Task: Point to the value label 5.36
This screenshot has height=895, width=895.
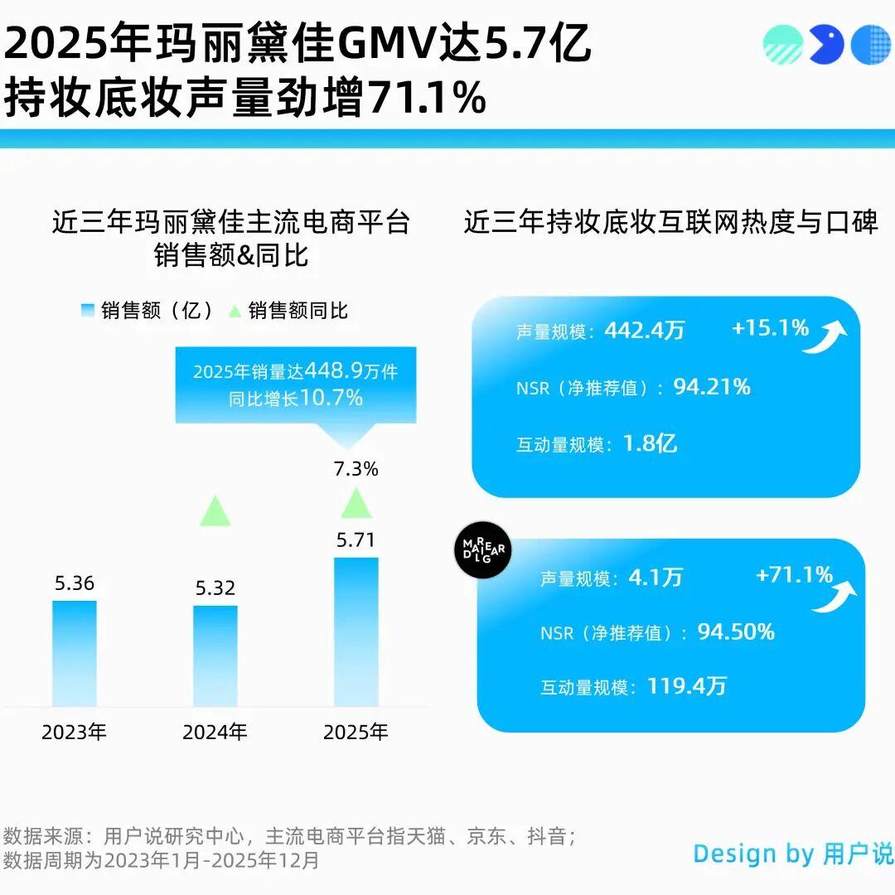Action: (75, 583)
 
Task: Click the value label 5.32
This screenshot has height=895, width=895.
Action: (215, 588)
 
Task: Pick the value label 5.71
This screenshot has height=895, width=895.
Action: (356, 540)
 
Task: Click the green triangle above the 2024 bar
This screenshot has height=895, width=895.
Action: (215, 511)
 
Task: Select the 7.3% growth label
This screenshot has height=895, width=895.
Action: (356, 469)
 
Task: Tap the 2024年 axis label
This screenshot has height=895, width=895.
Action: (215, 733)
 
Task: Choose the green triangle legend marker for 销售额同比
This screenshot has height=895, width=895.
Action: (235, 311)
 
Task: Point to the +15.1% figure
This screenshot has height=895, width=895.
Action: (770, 328)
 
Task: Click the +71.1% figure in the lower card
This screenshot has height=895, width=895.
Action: (794, 574)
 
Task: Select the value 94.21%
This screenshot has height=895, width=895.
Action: (712, 386)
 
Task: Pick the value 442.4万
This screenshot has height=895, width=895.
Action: (645, 331)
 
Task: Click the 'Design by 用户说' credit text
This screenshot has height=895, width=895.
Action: (793, 854)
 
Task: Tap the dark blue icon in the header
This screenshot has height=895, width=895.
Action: (826, 44)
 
